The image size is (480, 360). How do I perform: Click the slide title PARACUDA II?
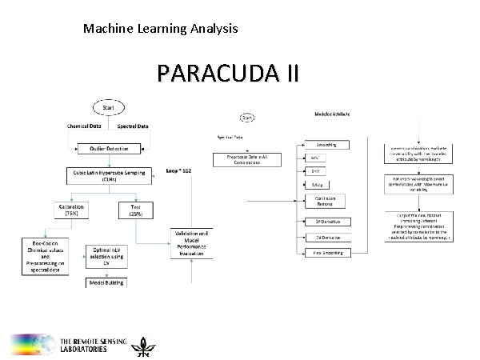point(228,74)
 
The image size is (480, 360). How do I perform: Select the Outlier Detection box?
point(109,148)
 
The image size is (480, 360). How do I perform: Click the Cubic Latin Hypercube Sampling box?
point(109,174)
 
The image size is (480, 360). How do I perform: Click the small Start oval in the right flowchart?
point(248,118)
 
